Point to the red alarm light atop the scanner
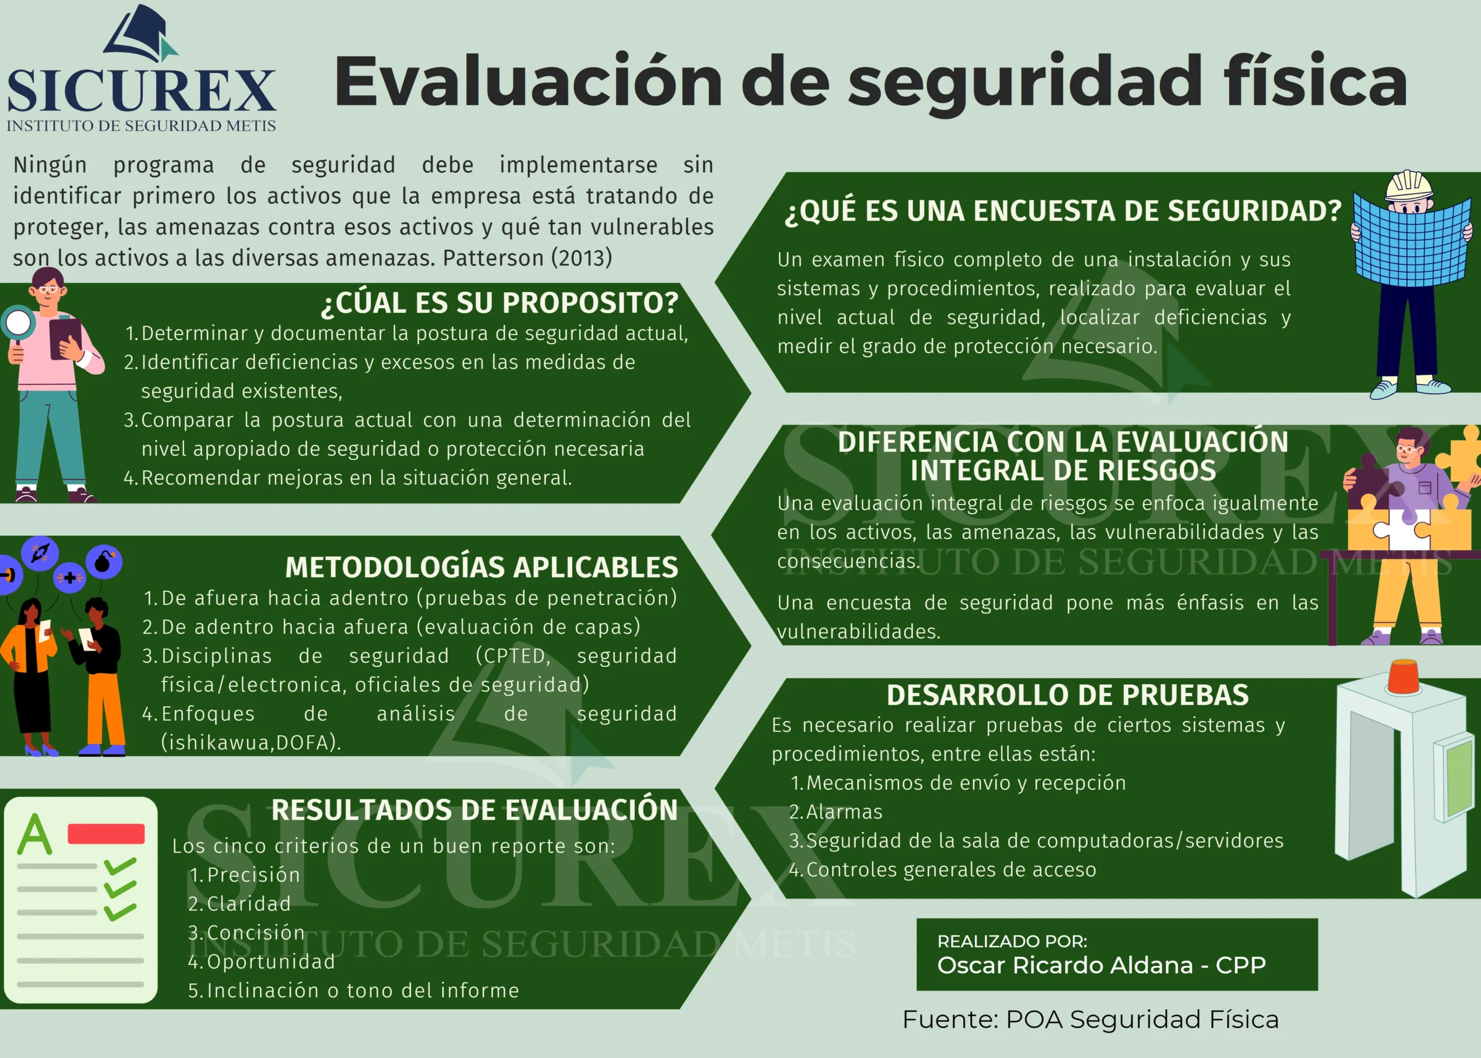(1406, 677)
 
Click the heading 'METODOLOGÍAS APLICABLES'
(481, 567)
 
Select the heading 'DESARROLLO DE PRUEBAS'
(1067, 695)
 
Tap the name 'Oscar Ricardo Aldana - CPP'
(1101, 965)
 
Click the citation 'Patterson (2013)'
(527, 258)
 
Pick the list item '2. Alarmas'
(835, 812)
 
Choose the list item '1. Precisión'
(244, 874)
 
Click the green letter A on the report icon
(35, 834)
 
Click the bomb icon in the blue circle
(104, 562)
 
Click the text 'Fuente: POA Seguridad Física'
(1090, 1020)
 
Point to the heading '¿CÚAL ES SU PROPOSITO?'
(500, 303)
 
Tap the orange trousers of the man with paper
(105, 710)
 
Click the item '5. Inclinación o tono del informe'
(353, 990)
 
